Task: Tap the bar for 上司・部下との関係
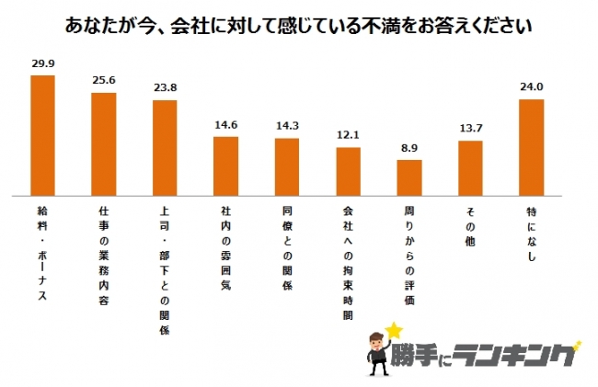(x=165, y=148)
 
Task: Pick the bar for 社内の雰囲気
(x=226, y=166)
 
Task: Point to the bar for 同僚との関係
(x=287, y=167)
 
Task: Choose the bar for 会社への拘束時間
(x=348, y=172)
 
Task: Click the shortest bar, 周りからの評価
(x=408, y=178)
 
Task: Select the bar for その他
(x=470, y=168)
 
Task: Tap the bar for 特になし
(x=531, y=147)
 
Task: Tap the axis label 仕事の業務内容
(x=104, y=246)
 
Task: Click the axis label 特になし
(x=531, y=229)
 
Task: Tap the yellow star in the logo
(x=395, y=329)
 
